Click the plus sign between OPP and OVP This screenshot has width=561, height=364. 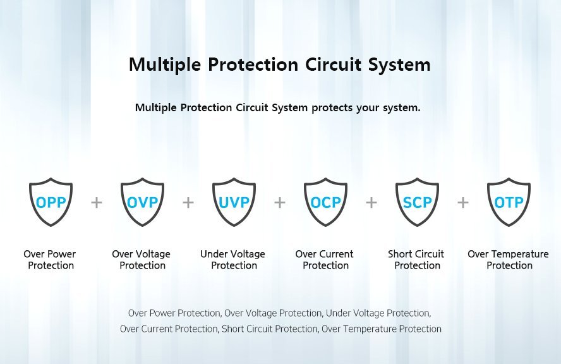coord(97,203)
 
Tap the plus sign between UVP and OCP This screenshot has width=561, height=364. coord(280,203)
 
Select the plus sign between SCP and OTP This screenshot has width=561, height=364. coord(463,203)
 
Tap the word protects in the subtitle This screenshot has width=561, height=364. coord(332,107)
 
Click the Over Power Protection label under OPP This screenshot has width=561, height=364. coord(50,260)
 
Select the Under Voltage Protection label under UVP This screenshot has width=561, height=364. coord(233,260)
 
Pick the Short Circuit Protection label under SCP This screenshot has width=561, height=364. coord(416,260)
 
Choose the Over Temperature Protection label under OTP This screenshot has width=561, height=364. coord(509,260)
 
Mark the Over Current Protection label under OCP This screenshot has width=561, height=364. coord(325,260)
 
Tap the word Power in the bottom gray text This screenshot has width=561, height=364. coord(163,313)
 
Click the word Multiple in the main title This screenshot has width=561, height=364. coord(165,65)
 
